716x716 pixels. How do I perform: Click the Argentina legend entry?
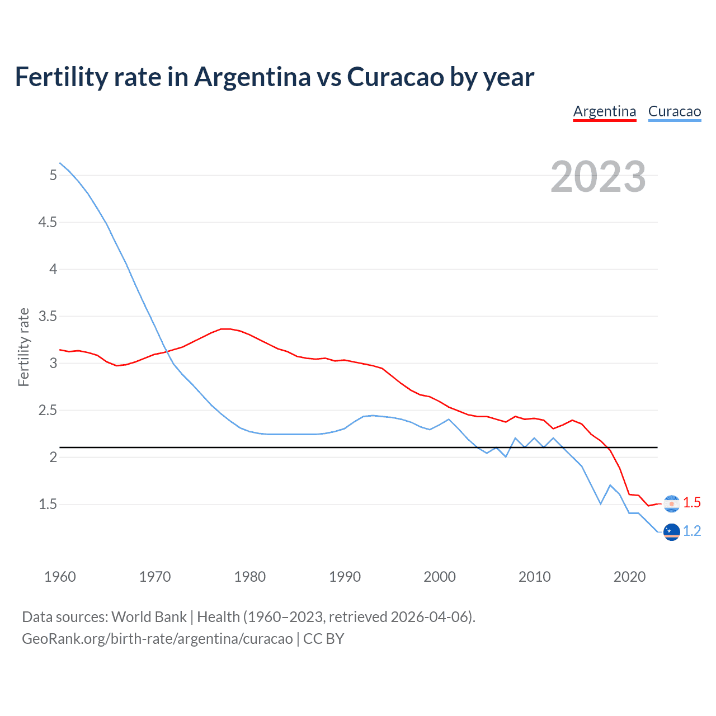(605, 111)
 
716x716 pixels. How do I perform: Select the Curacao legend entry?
(675, 111)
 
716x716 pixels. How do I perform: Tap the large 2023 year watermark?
(598, 177)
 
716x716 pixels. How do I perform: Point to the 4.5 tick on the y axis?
(48, 223)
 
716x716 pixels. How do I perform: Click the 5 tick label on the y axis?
(53, 176)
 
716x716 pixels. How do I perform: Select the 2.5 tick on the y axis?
(48, 411)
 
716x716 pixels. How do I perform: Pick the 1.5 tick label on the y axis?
(48, 505)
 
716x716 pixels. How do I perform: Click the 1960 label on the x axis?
(60, 577)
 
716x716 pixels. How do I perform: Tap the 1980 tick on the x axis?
(250, 577)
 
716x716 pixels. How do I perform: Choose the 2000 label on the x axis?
(440, 577)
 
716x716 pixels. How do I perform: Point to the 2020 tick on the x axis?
(630, 577)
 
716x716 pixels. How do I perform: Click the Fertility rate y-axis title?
(23, 347)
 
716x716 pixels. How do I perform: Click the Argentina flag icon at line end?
(671, 503)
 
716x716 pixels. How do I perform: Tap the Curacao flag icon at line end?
(671, 532)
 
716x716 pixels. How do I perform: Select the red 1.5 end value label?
(692, 503)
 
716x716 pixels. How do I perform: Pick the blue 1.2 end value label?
(692, 531)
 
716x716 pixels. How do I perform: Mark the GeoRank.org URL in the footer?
(157, 639)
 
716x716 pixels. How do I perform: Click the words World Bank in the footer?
(149, 617)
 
